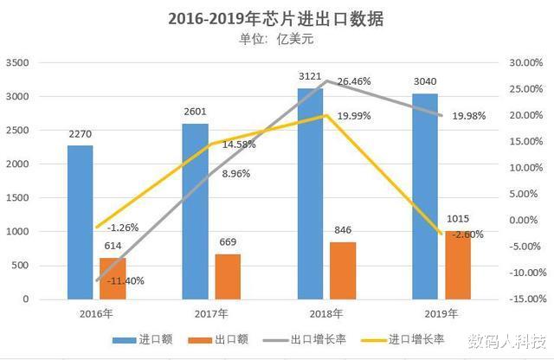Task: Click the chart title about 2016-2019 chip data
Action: coord(276,17)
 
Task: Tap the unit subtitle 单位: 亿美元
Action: coord(276,38)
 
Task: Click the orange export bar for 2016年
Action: coord(112,278)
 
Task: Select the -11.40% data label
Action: coord(126,280)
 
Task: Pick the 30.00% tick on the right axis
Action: coord(525,63)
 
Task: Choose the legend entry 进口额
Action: coord(147,339)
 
